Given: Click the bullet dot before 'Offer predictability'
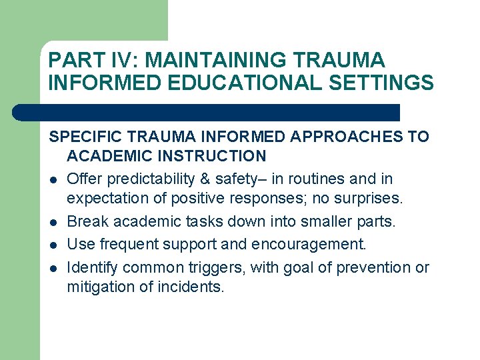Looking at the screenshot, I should [x=53, y=180].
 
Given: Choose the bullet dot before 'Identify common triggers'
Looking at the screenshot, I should [x=53, y=269].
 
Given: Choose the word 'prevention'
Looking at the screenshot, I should [x=376, y=267].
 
